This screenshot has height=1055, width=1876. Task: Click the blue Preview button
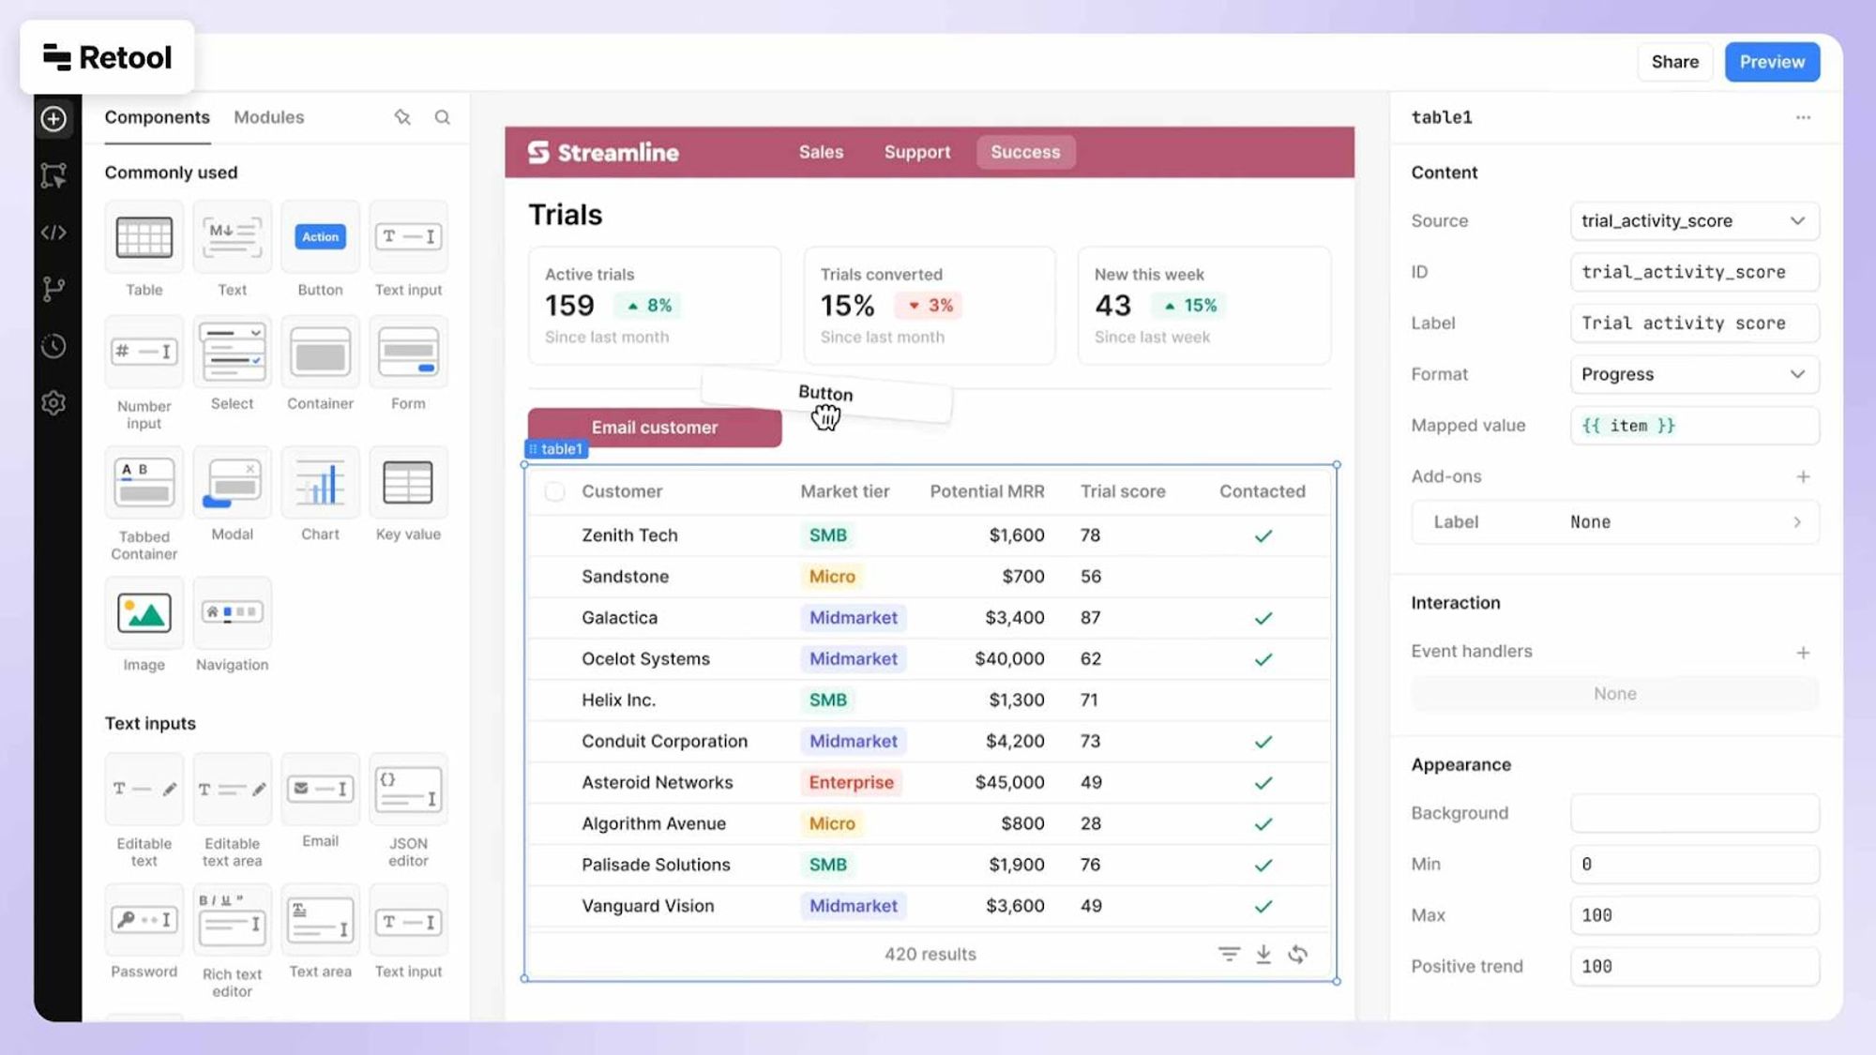(1772, 62)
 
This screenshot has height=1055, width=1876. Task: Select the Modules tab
(268, 117)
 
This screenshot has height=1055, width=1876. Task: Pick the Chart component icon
(320, 484)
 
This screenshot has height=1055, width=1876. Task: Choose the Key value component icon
(408, 484)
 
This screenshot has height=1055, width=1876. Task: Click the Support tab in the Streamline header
(916, 152)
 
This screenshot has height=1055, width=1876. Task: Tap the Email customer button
(654, 428)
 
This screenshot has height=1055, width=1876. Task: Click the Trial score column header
(1123, 491)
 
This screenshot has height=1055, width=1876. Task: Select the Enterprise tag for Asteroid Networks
(851, 782)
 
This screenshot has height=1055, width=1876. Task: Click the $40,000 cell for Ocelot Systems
(1009, 658)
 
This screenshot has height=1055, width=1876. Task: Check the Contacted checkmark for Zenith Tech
(1263, 536)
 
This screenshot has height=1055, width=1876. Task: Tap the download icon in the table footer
(1263, 955)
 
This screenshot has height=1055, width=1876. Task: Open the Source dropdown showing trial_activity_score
(1694, 221)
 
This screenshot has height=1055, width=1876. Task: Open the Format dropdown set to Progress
(1694, 374)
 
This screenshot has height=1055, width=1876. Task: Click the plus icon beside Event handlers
(1803, 653)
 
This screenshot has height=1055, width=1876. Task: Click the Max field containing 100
(1694, 915)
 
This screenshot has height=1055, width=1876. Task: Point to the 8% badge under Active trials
(649, 306)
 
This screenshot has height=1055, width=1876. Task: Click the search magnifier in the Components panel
(442, 117)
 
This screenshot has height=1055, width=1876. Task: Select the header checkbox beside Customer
(555, 491)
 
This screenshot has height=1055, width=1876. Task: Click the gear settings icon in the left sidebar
(53, 403)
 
